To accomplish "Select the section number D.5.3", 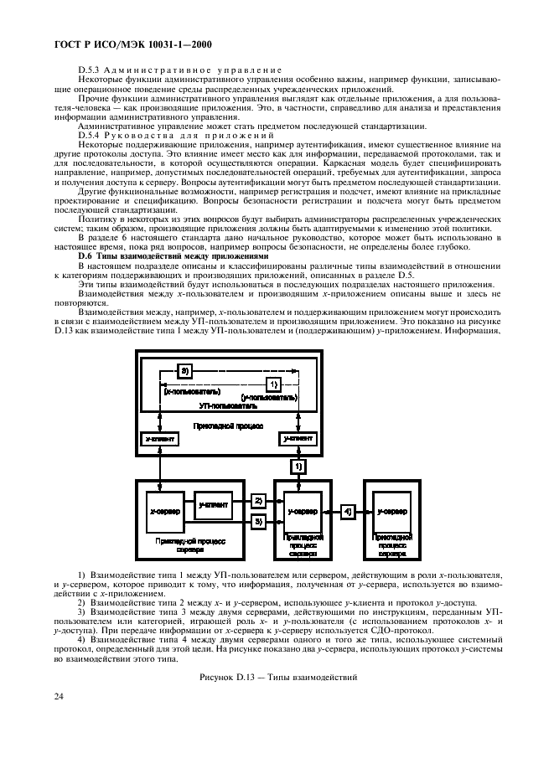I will tap(90, 69).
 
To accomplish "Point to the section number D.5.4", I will tap(90, 134).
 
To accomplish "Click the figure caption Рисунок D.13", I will tap(276, 676).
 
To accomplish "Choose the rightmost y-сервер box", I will tap(390, 509).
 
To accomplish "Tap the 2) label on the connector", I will tap(259, 500).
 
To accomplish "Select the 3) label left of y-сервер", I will tap(259, 521).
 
